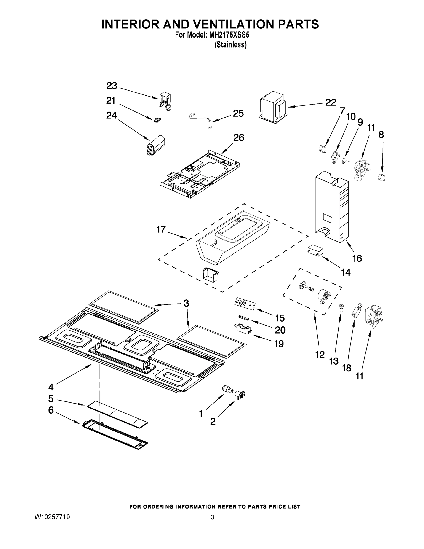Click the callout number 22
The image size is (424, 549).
point(331,102)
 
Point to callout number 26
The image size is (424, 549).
point(239,137)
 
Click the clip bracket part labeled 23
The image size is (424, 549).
point(165,102)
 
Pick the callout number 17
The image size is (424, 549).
point(161,229)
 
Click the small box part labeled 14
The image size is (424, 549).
point(315,251)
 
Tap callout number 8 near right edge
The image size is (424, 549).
point(381,135)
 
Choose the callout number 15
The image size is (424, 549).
point(280,318)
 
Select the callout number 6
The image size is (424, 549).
point(51,410)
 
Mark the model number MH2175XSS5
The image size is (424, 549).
point(229,35)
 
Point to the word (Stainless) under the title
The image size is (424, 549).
point(230,45)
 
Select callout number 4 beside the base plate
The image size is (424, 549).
point(51,387)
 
